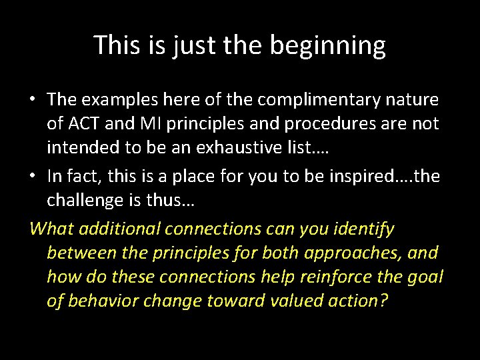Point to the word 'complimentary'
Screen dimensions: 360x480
click(299, 100)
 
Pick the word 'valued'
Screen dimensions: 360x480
click(288, 301)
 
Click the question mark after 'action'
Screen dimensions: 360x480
click(383, 301)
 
